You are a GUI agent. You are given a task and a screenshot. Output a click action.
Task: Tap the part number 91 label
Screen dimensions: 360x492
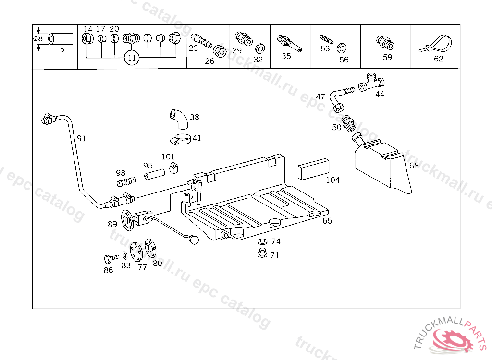click(x=81, y=138)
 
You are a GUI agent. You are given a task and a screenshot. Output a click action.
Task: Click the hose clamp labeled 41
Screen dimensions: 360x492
click(x=180, y=140)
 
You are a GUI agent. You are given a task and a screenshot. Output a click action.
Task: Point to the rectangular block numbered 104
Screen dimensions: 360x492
click(x=313, y=168)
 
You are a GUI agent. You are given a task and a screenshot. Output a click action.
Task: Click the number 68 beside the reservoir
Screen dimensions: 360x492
click(x=414, y=166)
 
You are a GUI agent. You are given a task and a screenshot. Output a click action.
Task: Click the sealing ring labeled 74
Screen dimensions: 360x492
click(x=263, y=241)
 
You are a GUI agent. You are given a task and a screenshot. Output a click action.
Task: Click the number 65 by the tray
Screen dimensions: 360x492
click(x=327, y=221)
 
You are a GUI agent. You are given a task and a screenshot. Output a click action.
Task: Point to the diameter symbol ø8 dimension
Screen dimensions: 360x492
click(x=38, y=38)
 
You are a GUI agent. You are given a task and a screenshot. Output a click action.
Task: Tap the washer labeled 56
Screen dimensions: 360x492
click(x=342, y=48)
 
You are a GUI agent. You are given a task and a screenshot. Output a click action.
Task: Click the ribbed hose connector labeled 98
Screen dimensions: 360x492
click(x=126, y=182)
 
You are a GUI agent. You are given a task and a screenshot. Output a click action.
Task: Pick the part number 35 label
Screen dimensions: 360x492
click(x=286, y=56)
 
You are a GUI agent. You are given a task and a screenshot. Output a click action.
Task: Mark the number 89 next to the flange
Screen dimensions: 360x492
click(x=112, y=224)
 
